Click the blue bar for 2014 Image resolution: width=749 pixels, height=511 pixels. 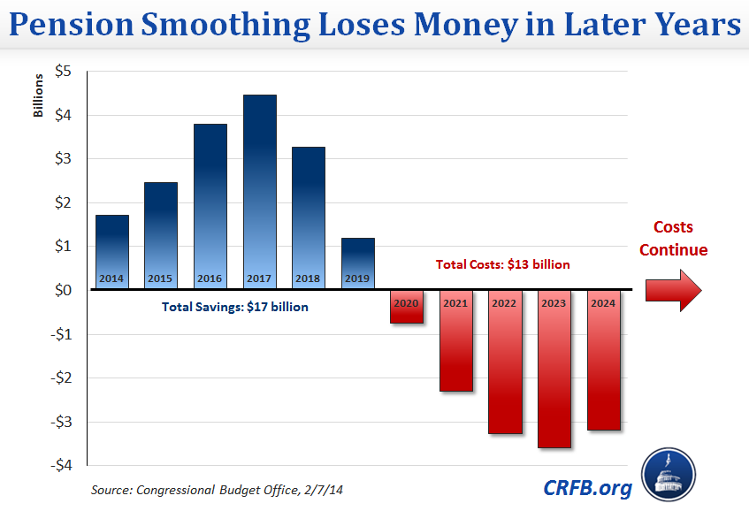pyautogui.click(x=112, y=251)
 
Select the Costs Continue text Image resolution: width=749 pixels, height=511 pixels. pyautogui.click(x=674, y=239)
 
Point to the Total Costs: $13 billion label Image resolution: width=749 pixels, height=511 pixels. pyautogui.click(x=502, y=263)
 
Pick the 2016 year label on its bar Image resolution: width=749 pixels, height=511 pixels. pyautogui.click(x=210, y=278)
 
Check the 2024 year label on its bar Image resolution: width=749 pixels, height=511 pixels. pyautogui.click(x=604, y=302)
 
